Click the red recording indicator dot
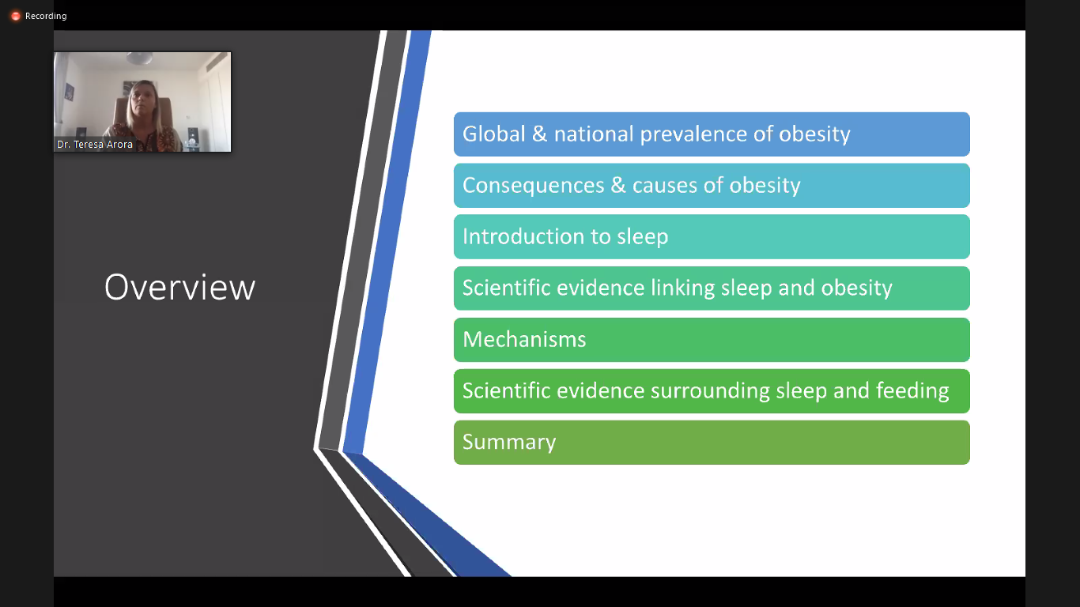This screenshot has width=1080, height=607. (16, 17)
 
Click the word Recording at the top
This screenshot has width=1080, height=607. (46, 16)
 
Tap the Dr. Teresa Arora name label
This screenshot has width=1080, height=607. (95, 144)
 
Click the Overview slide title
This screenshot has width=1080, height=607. (179, 288)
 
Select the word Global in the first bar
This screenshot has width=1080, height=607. (493, 134)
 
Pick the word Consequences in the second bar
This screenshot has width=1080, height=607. (533, 186)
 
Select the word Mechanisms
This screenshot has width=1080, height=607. (524, 339)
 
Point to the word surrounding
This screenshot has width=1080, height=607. (710, 391)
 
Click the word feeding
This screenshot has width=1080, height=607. (912, 391)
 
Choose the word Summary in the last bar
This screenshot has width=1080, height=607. (509, 443)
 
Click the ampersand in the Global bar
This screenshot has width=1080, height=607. (539, 134)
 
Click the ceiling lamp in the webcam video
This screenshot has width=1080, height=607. (139, 58)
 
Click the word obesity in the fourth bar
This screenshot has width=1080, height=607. (857, 288)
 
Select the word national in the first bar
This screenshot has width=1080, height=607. (594, 134)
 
